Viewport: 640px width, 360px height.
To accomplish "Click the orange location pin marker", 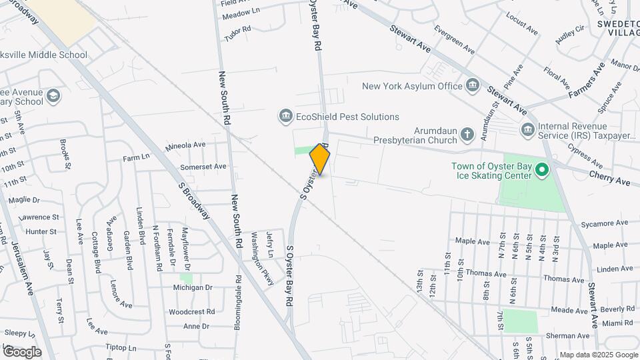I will (x=320, y=159).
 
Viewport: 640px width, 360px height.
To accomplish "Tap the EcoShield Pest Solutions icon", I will (x=285, y=117).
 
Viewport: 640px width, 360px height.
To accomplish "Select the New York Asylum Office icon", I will (x=473, y=86).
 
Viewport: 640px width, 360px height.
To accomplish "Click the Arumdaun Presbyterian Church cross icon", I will (x=467, y=135).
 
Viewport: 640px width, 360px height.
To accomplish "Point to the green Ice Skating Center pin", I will (x=542, y=170).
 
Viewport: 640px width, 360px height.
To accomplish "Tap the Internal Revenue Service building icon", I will (x=527, y=127).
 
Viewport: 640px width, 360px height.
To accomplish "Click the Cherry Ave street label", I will (x=609, y=177).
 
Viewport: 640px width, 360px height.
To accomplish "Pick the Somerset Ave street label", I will (x=203, y=166).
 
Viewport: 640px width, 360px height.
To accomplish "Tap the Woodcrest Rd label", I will (x=191, y=311).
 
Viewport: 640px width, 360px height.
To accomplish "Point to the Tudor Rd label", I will (x=237, y=33).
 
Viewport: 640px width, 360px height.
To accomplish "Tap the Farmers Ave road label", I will (x=587, y=81).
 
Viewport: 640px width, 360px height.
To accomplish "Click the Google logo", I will (x=22, y=351).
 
